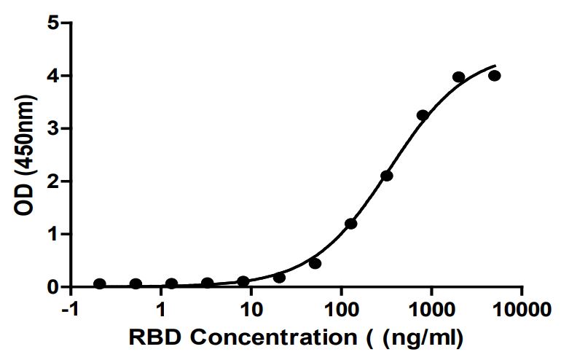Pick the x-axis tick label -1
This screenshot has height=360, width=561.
pos(71,310)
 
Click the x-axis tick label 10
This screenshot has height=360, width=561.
pos(251,310)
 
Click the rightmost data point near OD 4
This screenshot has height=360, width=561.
pos(495,76)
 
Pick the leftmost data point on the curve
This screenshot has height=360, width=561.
pos(100,283)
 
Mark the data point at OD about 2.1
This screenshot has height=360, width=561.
pos(387,176)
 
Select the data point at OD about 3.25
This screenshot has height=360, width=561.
pos(423,115)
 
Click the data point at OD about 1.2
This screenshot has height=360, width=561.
pos(351,224)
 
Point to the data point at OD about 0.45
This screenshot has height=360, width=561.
pos(315,263)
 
